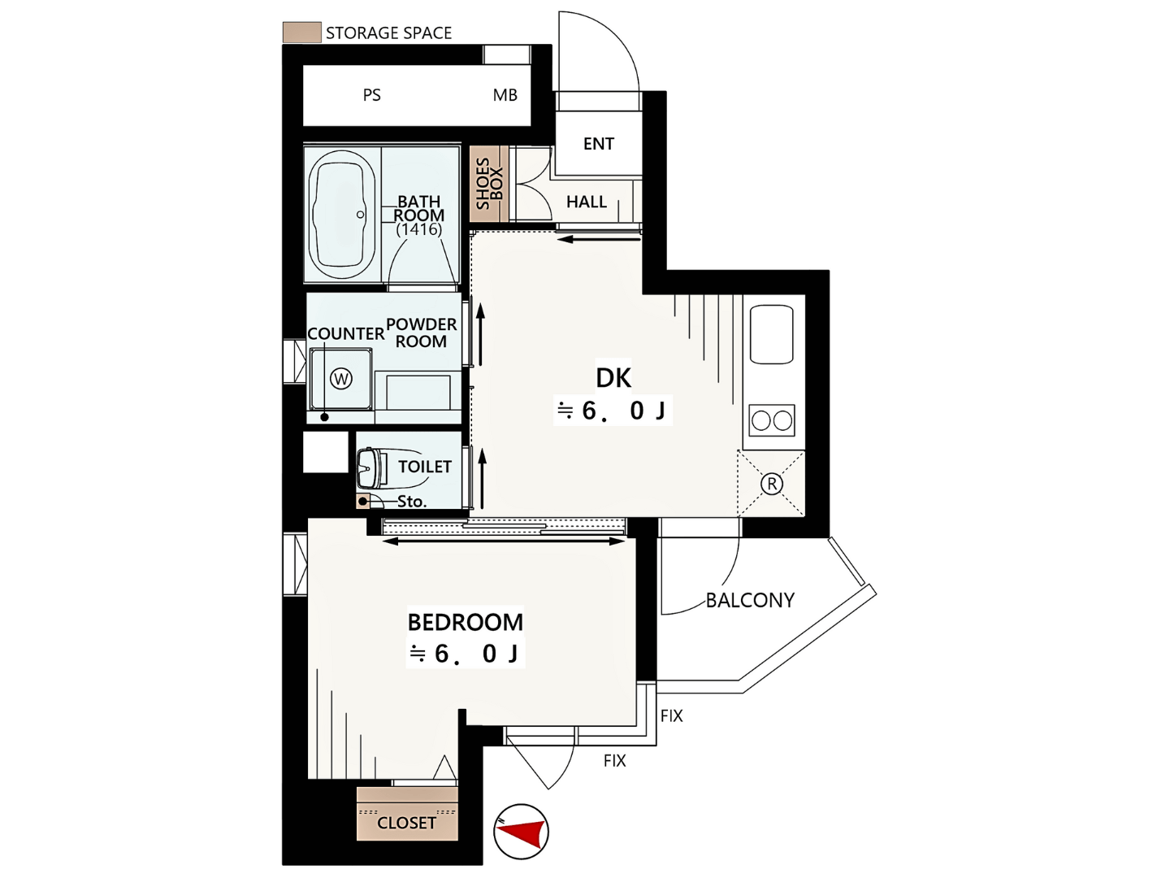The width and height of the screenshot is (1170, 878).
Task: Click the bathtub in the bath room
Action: click(x=342, y=215)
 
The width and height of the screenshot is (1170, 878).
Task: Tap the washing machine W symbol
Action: click(x=341, y=379)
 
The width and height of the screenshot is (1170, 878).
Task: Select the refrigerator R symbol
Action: click(x=772, y=484)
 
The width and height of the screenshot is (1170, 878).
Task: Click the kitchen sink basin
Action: click(x=771, y=334)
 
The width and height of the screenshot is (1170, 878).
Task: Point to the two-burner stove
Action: click(x=772, y=420)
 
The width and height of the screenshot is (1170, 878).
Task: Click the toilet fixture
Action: click(x=373, y=468)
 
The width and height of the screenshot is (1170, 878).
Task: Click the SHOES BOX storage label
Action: click(x=489, y=184)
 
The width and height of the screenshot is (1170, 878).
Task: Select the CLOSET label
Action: click(x=406, y=823)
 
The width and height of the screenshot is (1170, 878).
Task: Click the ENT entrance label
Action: click(x=599, y=144)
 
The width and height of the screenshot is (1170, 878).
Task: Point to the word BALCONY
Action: click(x=750, y=601)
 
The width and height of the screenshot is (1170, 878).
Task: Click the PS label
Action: click(x=371, y=95)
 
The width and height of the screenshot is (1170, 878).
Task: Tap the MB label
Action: click(x=505, y=95)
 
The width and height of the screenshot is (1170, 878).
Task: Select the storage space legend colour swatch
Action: click(x=301, y=33)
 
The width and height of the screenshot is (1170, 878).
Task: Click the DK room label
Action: click(x=613, y=378)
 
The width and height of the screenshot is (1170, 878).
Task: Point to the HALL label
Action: click(x=587, y=202)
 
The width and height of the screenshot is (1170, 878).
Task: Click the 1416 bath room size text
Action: click(x=419, y=230)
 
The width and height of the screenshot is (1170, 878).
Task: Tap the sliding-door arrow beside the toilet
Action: click(x=483, y=478)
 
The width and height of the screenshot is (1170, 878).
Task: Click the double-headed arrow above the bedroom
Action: click(x=503, y=541)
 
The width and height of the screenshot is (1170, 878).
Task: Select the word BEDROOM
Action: click(x=466, y=623)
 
